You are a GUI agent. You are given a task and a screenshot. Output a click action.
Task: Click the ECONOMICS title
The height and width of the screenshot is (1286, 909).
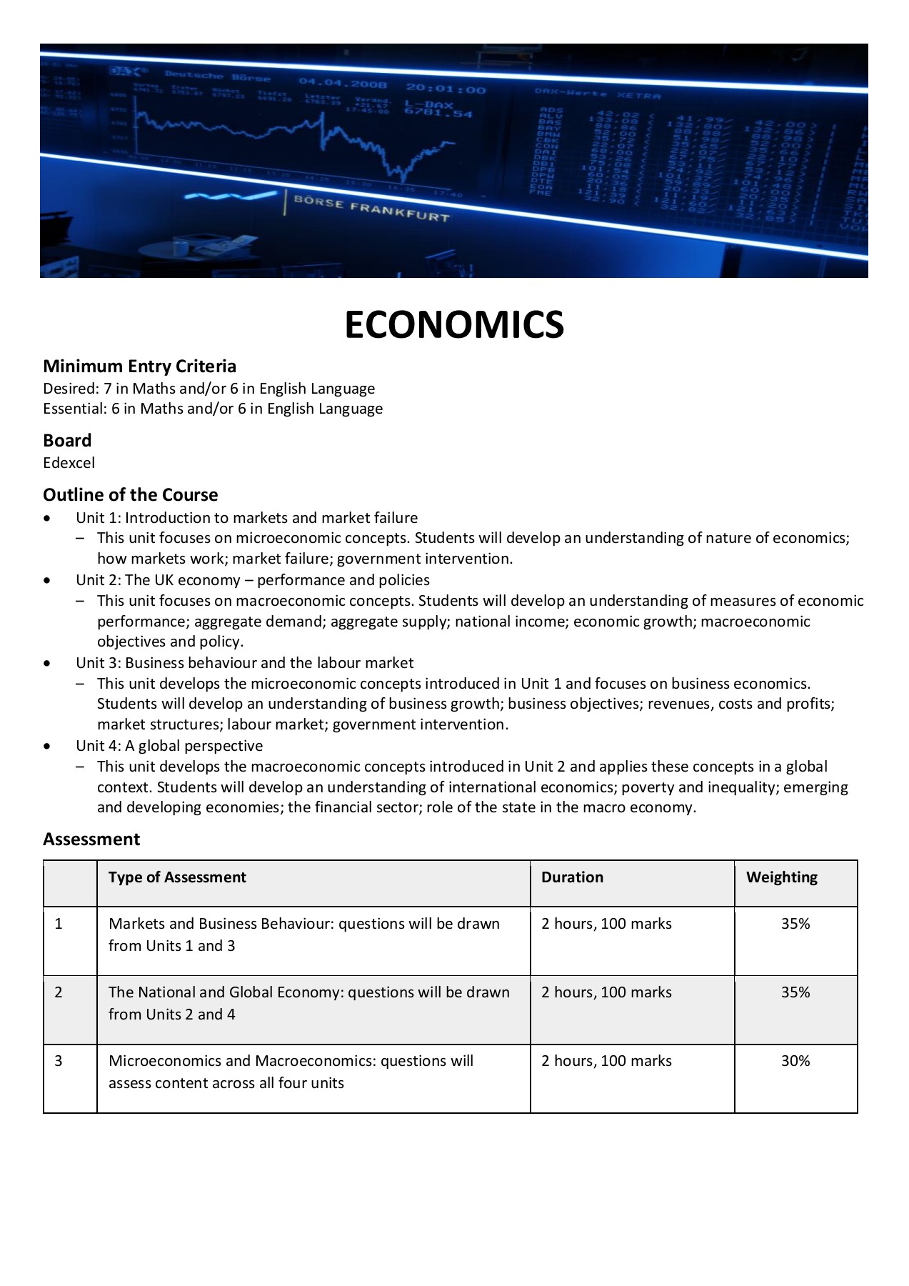(454, 325)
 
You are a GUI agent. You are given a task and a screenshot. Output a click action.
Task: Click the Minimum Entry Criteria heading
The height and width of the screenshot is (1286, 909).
(139, 367)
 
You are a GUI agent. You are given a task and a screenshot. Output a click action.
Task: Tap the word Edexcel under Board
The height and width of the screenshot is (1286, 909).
(69, 463)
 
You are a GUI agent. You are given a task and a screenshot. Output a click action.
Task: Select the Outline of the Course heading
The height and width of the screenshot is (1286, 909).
(131, 495)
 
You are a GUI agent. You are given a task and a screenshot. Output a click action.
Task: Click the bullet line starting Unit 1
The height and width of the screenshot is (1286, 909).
(246, 518)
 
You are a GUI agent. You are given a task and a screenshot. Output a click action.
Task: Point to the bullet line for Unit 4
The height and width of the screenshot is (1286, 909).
(169, 746)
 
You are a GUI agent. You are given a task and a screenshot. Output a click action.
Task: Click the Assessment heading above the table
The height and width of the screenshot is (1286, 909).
(91, 839)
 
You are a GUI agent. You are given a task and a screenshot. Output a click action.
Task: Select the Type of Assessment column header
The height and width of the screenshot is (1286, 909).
(177, 877)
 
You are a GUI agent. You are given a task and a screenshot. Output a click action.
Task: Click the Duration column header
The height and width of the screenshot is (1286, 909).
(572, 877)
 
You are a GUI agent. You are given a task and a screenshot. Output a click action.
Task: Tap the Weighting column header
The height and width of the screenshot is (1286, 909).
(782, 877)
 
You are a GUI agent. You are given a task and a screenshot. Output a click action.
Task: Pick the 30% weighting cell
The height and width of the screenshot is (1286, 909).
(795, 1061)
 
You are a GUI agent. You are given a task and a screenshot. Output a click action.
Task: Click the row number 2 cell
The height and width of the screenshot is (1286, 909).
(59, 992)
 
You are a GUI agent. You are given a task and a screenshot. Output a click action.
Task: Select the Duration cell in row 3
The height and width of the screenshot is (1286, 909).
(606, 1061)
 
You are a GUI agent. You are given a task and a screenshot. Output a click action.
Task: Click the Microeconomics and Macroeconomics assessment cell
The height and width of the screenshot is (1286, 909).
(291, 1072)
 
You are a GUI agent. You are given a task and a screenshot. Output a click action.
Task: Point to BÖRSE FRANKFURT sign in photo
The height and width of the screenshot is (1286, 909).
(371, 209)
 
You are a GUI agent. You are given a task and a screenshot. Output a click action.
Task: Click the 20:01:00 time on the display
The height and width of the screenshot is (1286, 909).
(446, 89)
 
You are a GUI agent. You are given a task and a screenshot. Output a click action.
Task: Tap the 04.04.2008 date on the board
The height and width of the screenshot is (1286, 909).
(343, 84)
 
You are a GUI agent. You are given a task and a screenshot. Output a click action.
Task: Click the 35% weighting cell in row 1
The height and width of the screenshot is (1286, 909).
(795, 924)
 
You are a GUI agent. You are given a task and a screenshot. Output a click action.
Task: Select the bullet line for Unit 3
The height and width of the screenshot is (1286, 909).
(244, 663)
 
